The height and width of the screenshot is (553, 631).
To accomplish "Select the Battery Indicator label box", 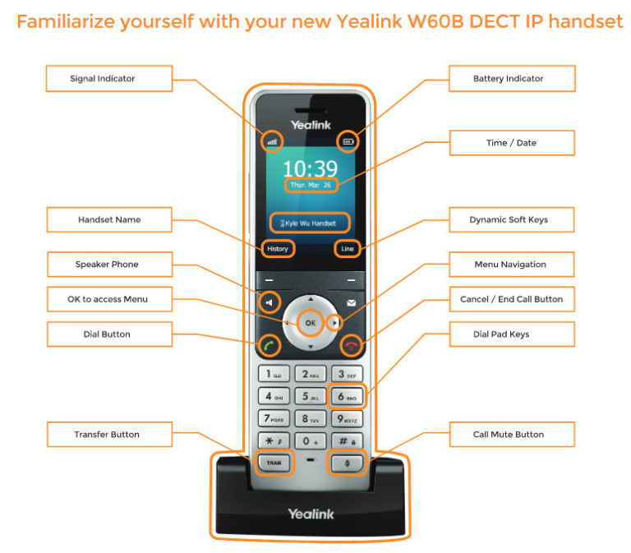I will coord(511,79).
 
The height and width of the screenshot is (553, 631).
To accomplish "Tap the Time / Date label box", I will coord(511,143).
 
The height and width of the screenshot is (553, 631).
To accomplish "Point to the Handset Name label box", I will coord(108,220).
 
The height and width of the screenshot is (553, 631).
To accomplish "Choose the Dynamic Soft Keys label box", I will coord(511,220).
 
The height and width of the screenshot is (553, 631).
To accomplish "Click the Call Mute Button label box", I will coord(511,435).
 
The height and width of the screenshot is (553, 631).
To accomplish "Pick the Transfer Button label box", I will coord(108,435).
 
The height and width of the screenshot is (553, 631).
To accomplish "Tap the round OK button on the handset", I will coord(311,324).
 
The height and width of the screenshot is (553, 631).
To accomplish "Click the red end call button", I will coord(350,346).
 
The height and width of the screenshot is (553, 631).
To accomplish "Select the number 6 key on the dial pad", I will coord(346,397).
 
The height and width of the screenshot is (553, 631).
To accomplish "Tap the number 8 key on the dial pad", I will coord(310,419).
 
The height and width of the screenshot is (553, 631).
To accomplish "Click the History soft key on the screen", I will coord(278,248).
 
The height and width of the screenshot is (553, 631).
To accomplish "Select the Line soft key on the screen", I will coord(346,248).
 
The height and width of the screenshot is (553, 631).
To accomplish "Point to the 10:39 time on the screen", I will coord(311,169).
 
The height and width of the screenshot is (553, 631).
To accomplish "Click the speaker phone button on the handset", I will coord(269,303).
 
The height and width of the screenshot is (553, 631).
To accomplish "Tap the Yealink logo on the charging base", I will coord(311,514).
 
